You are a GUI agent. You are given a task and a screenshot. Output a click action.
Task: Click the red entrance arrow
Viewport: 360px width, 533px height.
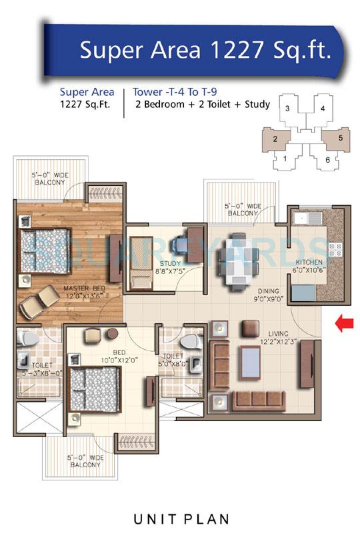pyautogui.click(x=343, y=324)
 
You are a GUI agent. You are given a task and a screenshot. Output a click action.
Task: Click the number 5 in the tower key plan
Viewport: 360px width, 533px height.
pyautogui.click(x=340, y=138)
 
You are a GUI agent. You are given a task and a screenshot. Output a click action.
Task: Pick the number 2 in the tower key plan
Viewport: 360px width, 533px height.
pyautogui.click(x=275, y=139)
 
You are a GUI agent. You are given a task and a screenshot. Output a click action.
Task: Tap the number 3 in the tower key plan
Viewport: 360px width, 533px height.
pyautogui.click(x=287, y=108)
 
